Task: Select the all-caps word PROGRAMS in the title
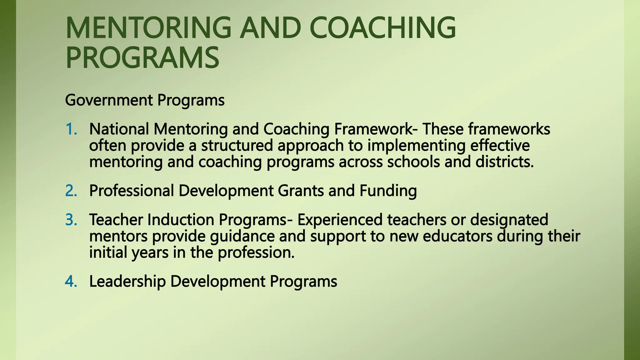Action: (x=142, y=58)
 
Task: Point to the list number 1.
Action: (x=71, y=129)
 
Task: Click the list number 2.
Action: (x=71, y=191)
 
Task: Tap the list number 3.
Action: (x=71, y=220)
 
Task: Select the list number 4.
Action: (x=71, y=281)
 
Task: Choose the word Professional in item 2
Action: (x=132, y=191)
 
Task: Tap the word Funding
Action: (x=388, y=191)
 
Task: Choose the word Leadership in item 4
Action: (x=127, y=281)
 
